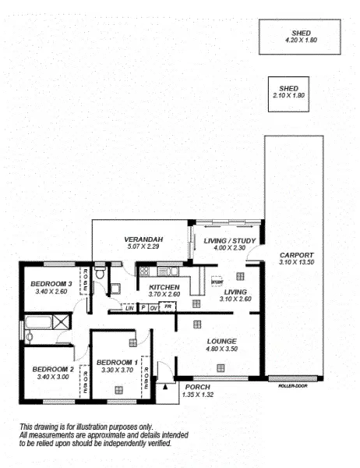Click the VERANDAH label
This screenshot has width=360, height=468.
(142, 239)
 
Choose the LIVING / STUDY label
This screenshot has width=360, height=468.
(224, 240)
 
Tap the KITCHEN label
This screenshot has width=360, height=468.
(164, 287)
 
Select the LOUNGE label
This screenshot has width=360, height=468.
(221, 341)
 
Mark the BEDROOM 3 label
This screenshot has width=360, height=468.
(52, 283)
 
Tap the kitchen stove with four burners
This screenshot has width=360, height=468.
(144, 272)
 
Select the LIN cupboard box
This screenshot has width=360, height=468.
(129, 308)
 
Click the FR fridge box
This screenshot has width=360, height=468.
(167, 307)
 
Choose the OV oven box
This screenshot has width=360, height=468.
(155, 307)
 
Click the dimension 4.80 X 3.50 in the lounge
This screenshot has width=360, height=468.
(221, 349)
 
